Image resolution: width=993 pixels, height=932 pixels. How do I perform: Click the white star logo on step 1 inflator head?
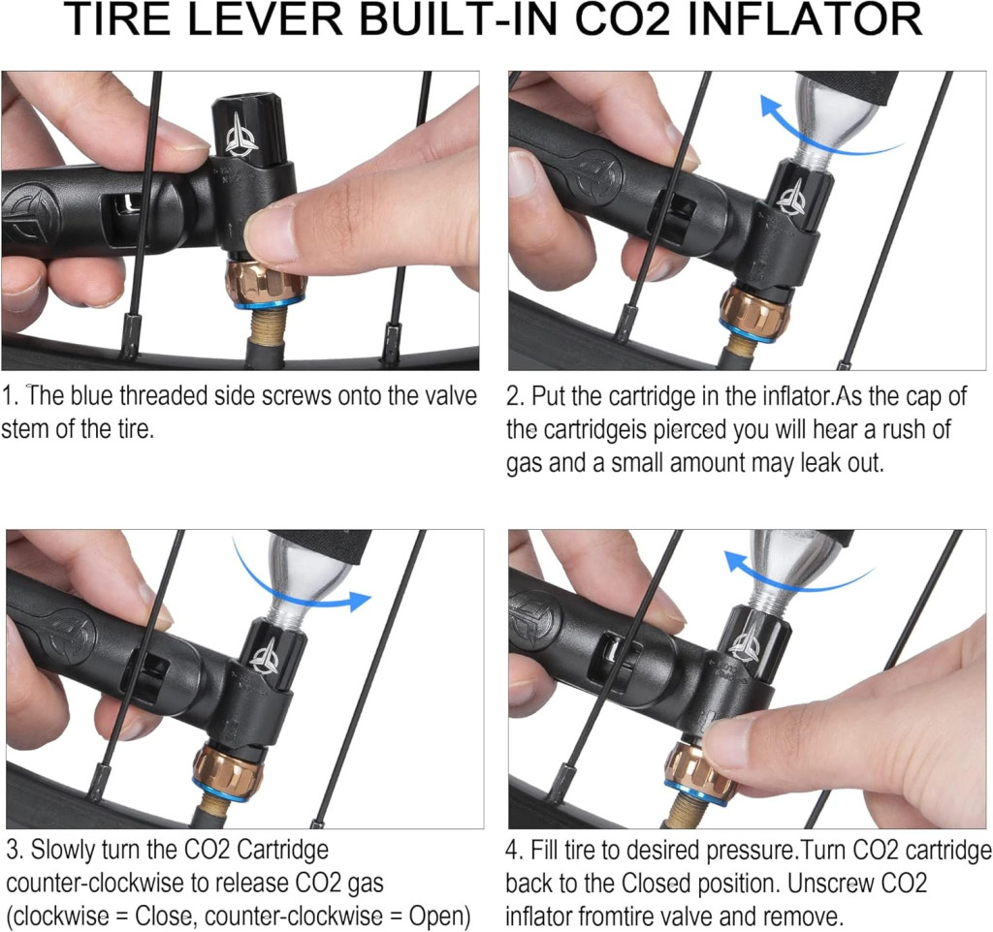242,136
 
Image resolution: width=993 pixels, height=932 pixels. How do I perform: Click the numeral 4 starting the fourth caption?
512,850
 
